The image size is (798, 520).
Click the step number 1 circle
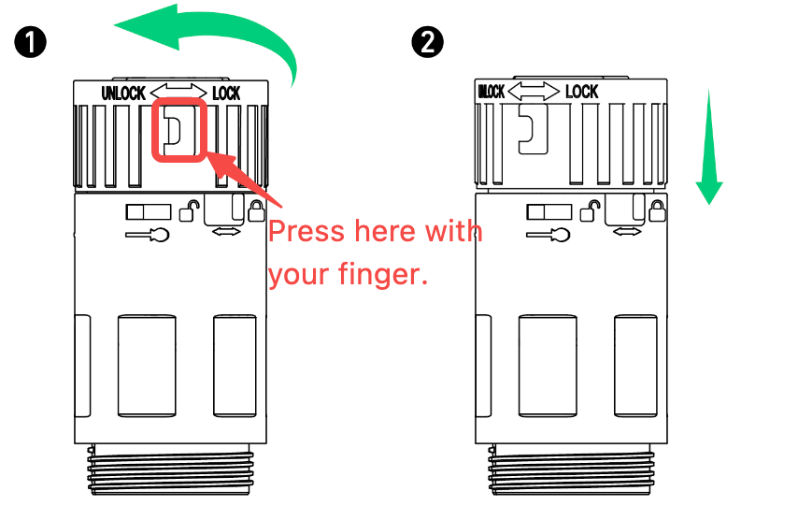(x=31, y=42)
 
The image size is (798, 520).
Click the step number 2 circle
(x=428, y=42)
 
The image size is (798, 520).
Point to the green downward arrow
(x=709, y=148)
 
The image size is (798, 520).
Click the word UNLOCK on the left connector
(x=123, y=94)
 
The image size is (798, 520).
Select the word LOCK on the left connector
(x=226, y=94)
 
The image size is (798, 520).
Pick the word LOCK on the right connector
(x=582, y=92)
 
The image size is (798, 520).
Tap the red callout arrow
(x=244, y=179)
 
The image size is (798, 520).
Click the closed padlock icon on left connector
(x=256, y=210)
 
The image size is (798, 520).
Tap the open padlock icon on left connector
(x=189, y=210)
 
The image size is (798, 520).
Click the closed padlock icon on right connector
(x=657, y=210)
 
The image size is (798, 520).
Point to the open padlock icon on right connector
(x=590, y=210)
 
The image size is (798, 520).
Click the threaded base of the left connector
(x=170, y=469)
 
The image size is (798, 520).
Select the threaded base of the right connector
(x=572, y=469)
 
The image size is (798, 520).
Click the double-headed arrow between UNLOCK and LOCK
(x=178, y=93)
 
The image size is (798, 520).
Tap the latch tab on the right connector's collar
(x=533, y=128)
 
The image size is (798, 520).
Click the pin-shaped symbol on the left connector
(x=147, y=235)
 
